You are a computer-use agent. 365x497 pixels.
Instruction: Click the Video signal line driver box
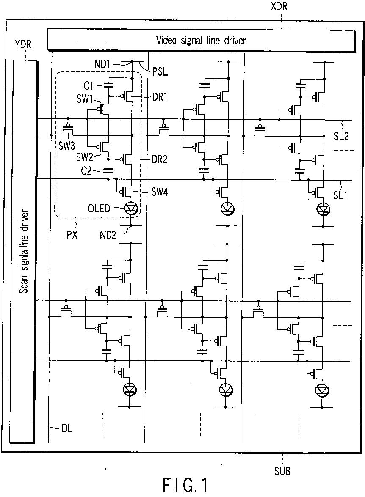(x=201, y=40)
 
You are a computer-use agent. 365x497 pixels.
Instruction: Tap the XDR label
(x=279, y=6)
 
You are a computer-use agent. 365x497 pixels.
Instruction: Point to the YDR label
(x=23, y=44)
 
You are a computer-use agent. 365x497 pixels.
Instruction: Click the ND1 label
(x=102, y=64)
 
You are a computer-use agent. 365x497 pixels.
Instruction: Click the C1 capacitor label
(x=88, y=85)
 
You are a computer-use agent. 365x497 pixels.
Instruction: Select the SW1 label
(x=84, y=99)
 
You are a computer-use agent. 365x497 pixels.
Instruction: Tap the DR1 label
(x=160, y=97)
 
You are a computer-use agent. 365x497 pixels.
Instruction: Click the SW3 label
(x=66, y=146)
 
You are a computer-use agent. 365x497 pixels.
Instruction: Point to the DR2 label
(x=160, y=159)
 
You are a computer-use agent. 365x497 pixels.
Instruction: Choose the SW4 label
(x=160, y=192)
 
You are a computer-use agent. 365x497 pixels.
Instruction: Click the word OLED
(x=99, y=208)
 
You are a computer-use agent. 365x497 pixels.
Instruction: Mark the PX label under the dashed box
(x=72, y=235)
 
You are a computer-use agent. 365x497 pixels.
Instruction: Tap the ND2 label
(x=108, y=235)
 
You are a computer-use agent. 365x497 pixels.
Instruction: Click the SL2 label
(x=341, y=136)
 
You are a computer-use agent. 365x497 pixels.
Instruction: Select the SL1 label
(x=340, y=195)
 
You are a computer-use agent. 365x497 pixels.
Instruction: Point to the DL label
(x=66, y=428)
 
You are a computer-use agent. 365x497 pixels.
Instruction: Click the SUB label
(x=282, y=471)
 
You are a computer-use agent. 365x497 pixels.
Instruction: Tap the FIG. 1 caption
(x=185, y=485)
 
